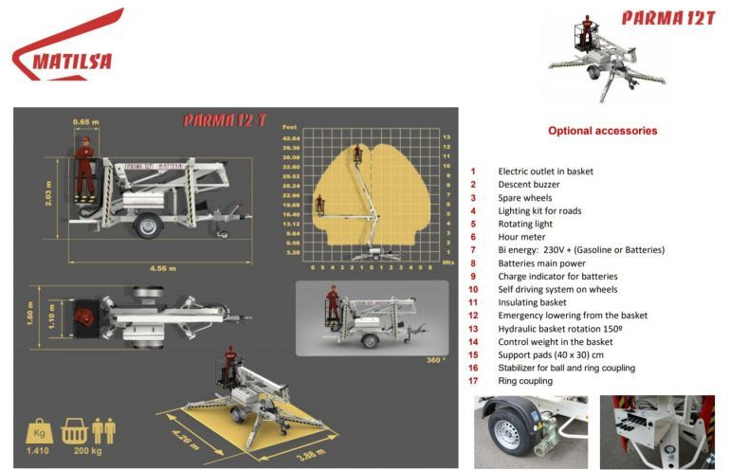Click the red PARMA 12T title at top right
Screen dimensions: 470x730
[669, 18]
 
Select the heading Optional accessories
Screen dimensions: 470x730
[602, 131]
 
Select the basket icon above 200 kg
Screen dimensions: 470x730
[75, 431]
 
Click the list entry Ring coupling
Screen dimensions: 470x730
[525, 381]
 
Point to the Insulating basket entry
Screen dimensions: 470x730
[533, 302]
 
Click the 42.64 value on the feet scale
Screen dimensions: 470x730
[291, 138]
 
